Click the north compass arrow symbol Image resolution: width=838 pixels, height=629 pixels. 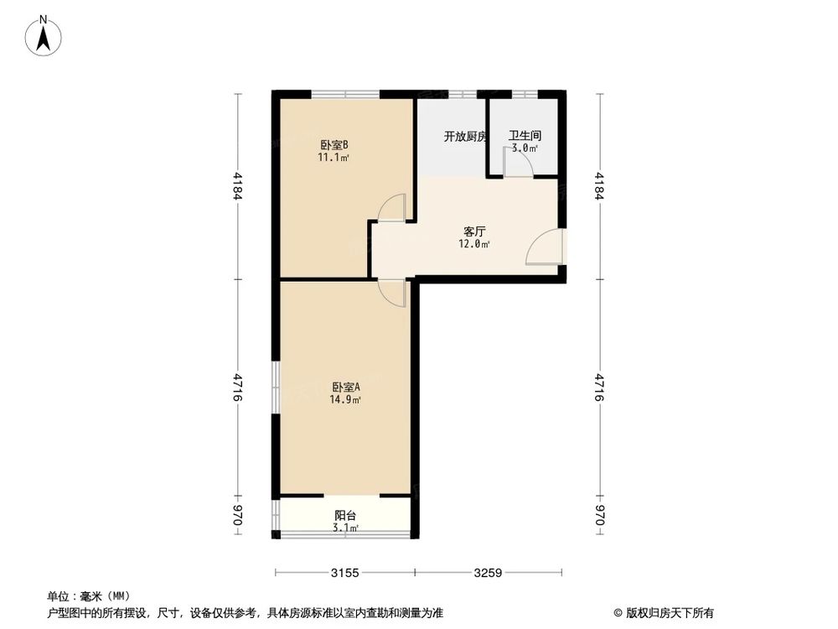click(x=44, y=35)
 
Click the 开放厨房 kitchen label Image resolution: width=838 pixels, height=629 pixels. click(x=465, y=136)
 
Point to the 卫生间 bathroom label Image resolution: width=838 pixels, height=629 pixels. click(x=525, y=136)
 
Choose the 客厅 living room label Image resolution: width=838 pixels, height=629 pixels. click(x=474, y=231)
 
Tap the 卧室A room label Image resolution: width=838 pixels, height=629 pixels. click(x=345, y=387)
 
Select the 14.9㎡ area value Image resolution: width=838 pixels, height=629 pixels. click(x=345, y=400)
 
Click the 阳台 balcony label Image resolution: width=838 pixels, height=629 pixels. click(x=345, y=515)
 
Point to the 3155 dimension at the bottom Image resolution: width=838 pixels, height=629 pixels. click(x=344, y=574)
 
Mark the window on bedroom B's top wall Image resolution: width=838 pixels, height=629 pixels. click(x=351, y=92)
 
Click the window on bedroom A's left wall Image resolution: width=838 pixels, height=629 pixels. click(x=275, y=387)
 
